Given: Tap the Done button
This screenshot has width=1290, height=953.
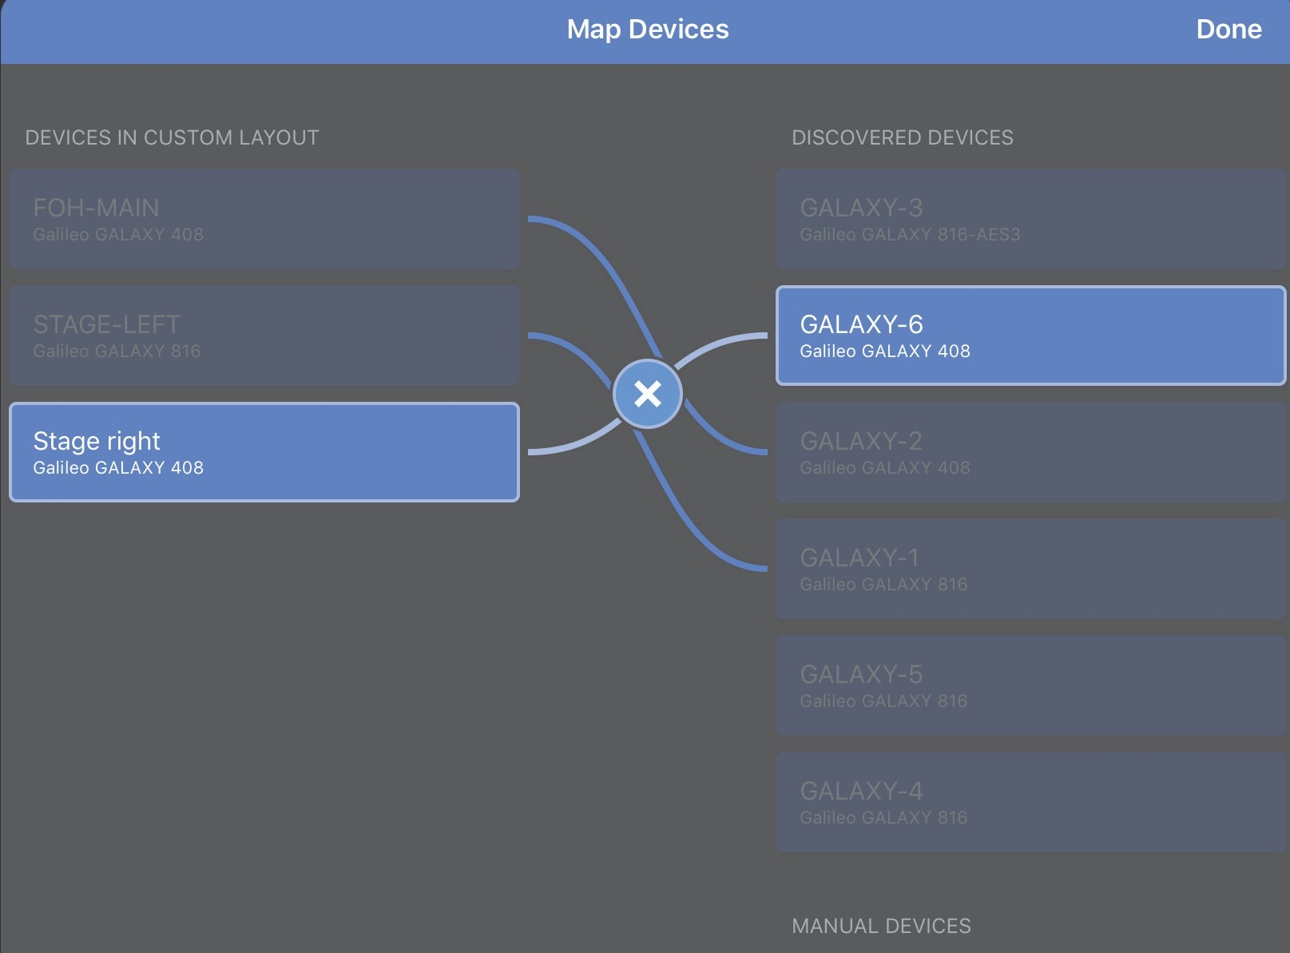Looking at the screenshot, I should click(1228, 30).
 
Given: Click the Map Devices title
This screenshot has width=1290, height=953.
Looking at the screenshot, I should click(647, 30).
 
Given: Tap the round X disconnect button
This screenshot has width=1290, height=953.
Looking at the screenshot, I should click(647, 394).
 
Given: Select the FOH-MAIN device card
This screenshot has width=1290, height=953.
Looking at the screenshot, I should click(264, 219).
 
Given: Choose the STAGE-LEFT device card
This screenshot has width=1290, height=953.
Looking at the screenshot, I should click(264, 336).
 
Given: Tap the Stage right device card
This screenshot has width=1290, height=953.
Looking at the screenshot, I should click(264, 452).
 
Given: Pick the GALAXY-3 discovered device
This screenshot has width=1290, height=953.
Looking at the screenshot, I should click(1030, 219).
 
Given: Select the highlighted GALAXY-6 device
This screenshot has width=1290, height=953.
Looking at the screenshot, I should click(1030, 336).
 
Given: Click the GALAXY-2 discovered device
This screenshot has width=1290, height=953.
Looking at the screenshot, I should click(1030, 452).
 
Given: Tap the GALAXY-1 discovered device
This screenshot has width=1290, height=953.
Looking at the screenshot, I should click(1030, 569).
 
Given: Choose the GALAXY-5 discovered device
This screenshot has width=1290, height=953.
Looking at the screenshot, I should click(1030, 685).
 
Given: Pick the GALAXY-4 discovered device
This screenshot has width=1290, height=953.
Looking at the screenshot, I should click(1030, 802).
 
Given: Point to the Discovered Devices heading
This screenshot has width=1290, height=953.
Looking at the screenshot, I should click(902, 137).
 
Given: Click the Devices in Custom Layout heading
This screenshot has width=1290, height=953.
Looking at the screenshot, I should click(172, 137).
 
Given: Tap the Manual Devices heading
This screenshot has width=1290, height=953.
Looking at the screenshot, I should click(881, 926).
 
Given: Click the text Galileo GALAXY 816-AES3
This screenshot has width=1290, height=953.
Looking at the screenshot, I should click(910, 235).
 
